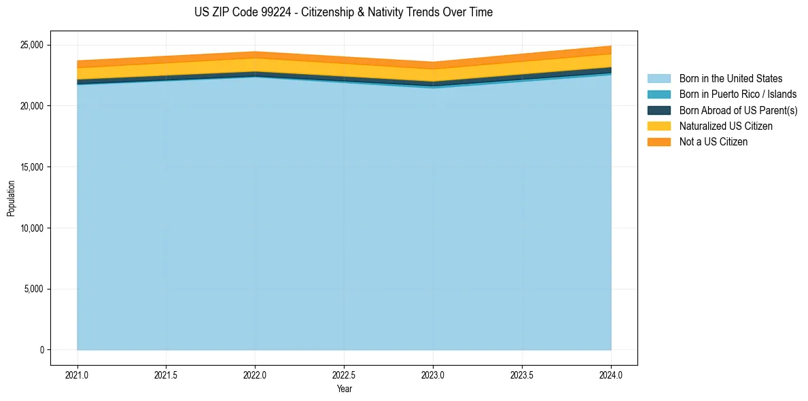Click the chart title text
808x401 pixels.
point(343,12)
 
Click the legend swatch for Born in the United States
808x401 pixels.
point(658,79)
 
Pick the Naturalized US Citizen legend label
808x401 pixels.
point(726,126)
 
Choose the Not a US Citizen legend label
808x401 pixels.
point(714,141)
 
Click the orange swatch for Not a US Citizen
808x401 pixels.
point(658,141)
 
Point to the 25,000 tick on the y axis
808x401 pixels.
point(32,46)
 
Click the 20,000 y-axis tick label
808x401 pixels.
point(32,106)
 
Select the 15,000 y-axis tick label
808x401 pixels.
point(32,167)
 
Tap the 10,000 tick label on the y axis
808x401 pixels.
point(32,228)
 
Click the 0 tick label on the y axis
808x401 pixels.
point(41,350)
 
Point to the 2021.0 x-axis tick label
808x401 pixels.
point(77,374)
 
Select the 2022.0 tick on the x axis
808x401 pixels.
point(255,374)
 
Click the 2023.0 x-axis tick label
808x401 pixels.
point(433,374)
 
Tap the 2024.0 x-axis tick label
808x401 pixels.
point(611,374)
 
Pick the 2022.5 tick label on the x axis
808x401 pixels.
point(344,374)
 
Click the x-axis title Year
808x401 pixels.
point(344,389)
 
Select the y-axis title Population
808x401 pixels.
point(11,198)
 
